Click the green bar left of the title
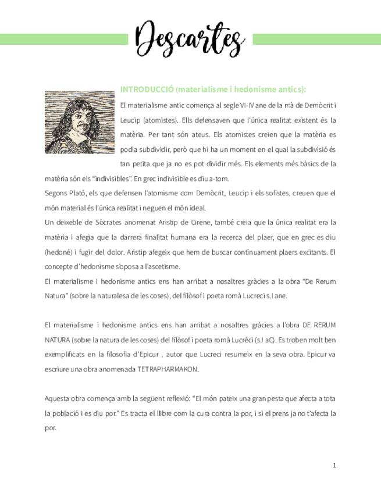click(x=64, y=39)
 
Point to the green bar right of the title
click(x=317, y=39)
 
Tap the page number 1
click(x=334, y=465)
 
